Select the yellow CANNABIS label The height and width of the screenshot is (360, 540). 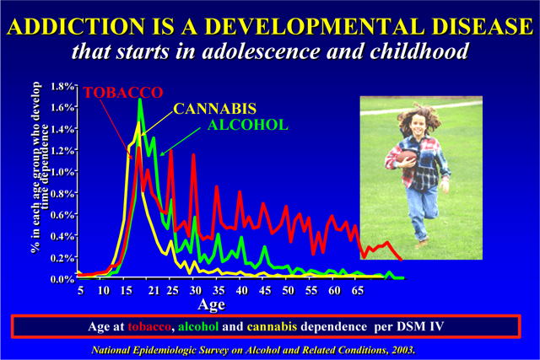(215, 109)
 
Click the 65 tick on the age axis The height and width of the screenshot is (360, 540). (357, 289)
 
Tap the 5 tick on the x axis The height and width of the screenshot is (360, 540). (80, 289)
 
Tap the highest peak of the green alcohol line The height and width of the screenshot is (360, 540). (140, 100)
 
